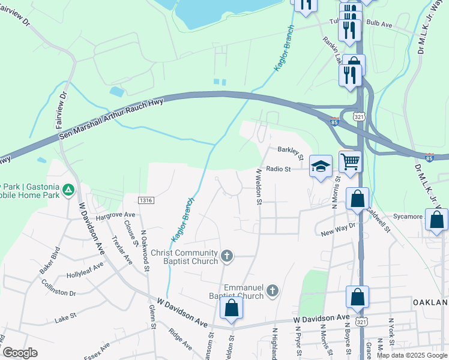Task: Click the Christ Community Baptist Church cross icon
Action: (227, 257)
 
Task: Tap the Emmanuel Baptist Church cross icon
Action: (272, 292)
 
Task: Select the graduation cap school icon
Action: (321, 166)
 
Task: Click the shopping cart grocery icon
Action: (350, 160)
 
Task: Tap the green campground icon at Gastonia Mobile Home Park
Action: (69, 190)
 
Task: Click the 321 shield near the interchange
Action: (358, 116)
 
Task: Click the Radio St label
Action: (278, 169)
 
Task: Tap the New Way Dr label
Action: (338, 229)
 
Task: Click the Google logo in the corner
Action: (20, 353)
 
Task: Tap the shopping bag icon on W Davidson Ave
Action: (232, 308)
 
